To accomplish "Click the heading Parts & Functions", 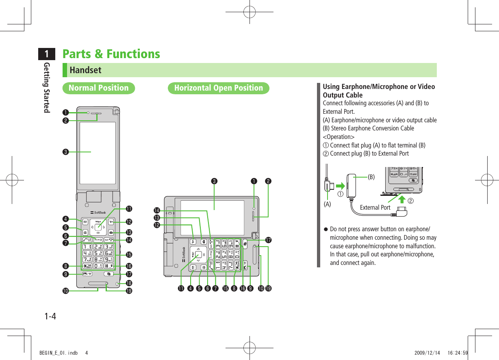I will pos(111,54).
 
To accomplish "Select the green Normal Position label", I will pos(98,88).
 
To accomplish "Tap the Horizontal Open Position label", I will pos(218,88).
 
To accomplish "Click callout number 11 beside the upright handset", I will pos(129,209).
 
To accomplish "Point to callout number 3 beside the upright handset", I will pos(64,152).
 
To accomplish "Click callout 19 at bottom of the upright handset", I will pos(129,291).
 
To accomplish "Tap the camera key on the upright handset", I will pos(111,232).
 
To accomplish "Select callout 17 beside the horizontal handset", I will pos(268,241).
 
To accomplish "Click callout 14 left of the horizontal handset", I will pos(156,210).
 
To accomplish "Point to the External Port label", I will pos(375,208).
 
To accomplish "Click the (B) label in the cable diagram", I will pos(371,177).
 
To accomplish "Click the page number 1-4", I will pos(50,316).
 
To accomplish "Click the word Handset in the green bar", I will pos(85,70).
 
